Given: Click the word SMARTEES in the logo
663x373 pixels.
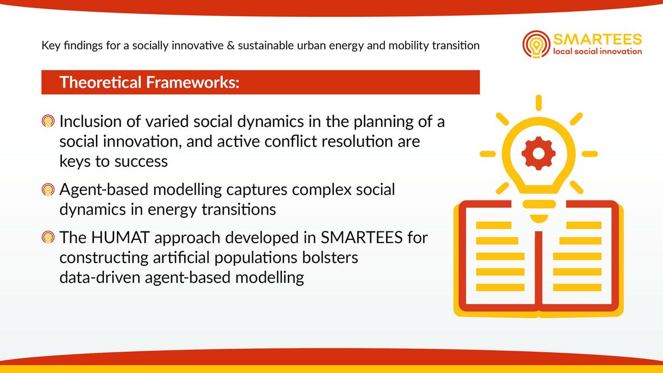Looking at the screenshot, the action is (x=597, y=39).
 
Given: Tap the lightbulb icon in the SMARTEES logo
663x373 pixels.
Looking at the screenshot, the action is (x=536, y=44).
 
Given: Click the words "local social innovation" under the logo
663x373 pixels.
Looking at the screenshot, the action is (x=597, y=52).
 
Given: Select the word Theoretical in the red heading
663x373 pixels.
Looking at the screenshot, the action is (x=100, y=82).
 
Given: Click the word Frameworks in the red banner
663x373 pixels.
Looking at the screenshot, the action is (x=190, y=82).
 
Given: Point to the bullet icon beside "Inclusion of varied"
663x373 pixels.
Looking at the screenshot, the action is (x=48, y=121).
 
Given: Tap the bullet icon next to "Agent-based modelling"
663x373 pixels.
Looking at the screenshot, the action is (x=48, y=189).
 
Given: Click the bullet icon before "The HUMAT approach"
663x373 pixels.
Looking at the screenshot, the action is (x=48, y=237).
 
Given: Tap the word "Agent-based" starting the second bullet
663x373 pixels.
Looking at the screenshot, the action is (x=104, y=190).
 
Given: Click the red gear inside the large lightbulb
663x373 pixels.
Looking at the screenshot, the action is (x=538, y=153).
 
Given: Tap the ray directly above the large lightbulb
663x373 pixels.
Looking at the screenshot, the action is (x=538, y=103).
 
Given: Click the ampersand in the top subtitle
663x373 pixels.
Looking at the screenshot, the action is (x=230, y=46).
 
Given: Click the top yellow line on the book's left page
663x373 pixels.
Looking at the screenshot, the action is (x=493, y=225).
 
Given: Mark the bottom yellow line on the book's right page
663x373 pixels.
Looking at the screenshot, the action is (x=577, y=288).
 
